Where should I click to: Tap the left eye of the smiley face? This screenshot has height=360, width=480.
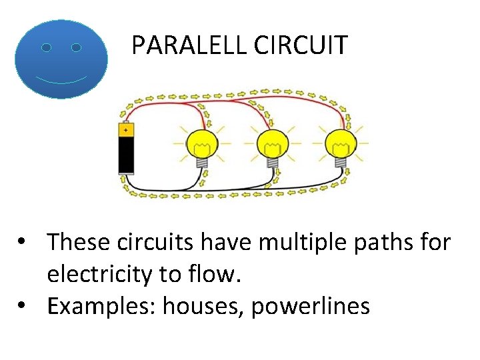46,48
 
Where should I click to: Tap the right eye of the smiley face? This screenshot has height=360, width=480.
76,48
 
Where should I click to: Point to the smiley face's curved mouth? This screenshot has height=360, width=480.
61,80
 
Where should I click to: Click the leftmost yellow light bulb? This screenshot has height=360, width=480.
201,142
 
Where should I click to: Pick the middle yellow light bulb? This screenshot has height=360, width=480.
272,142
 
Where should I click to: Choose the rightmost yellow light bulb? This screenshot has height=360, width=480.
341,142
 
